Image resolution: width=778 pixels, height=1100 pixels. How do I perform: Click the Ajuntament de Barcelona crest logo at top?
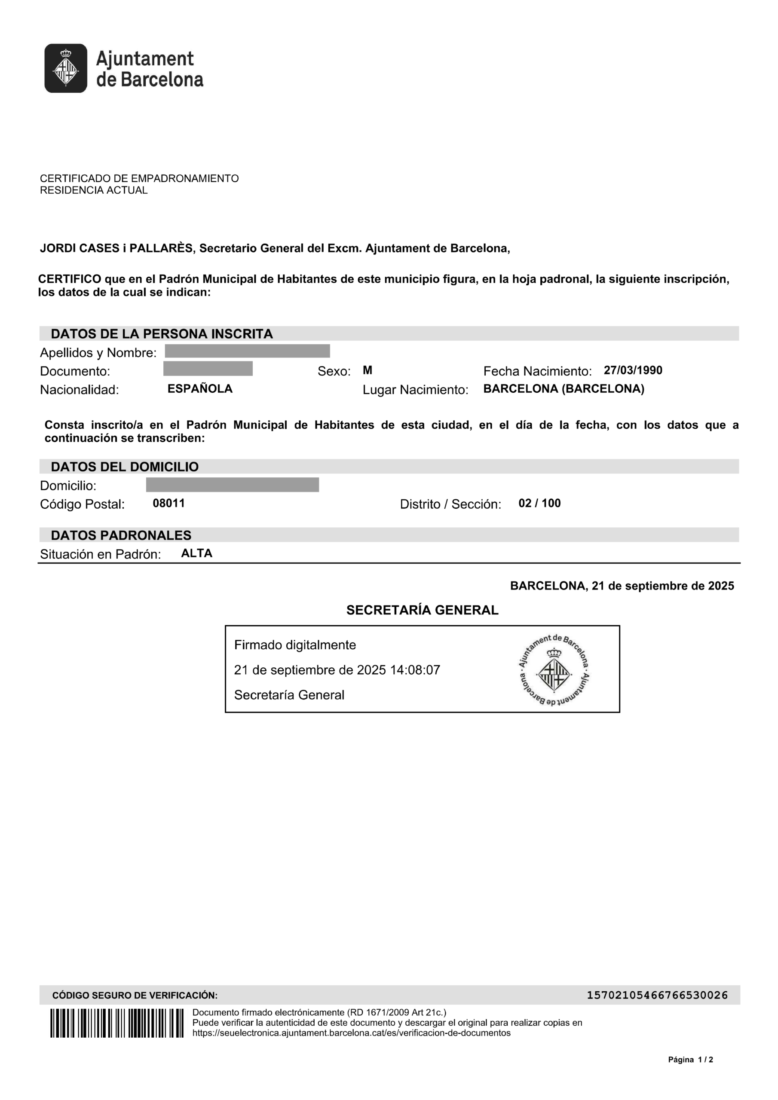tap(66, 68)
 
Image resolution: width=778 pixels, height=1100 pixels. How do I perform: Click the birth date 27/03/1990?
tap(633, 370)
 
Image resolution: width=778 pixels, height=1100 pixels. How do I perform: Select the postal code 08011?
tap(169, 503)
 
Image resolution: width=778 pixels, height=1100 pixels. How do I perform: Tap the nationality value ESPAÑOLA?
tap(200, 388)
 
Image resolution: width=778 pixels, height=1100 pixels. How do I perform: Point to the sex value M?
tap(368, 370)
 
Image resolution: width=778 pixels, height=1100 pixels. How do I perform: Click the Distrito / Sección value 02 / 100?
tap(539, 503)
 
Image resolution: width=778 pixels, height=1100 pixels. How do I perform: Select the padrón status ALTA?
tap(196, 553)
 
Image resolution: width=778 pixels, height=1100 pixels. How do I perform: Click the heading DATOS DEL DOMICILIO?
tap(125, 467)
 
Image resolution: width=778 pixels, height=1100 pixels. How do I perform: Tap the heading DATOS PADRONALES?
tap(121, 535)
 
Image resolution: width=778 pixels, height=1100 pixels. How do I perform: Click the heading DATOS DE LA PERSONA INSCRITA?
tap(162, 334)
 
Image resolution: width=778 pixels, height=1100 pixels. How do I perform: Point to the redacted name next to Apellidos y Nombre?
tap(247, 351)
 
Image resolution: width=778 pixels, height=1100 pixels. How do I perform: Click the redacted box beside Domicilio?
tap(233, 485)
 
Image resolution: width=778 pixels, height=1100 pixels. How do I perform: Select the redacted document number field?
tap(208, 369)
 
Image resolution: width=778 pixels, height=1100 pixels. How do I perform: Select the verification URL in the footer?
tap(351, 1033)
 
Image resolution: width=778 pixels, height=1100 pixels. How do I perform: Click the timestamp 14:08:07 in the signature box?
tap(415, 670)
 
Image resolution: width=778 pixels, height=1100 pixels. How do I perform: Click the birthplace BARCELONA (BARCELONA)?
tap(564, 388)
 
